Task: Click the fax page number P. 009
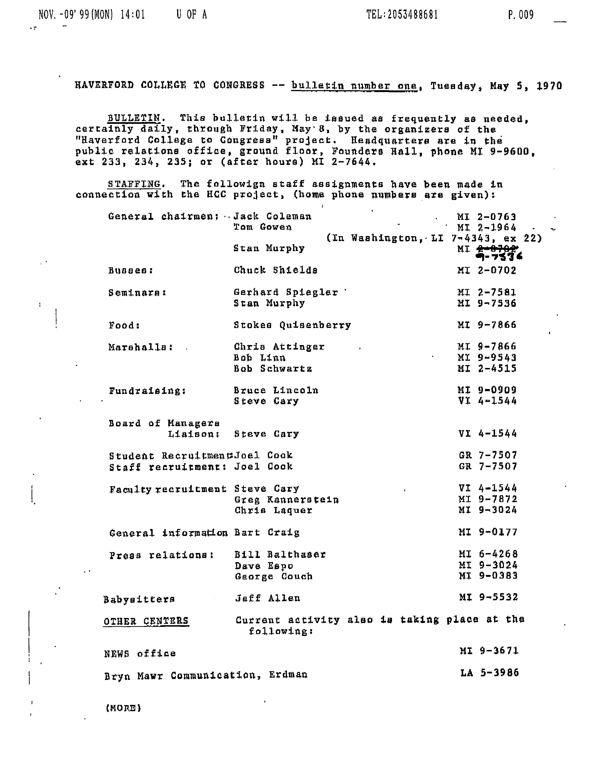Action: pyautogui.click(x=521, y=15)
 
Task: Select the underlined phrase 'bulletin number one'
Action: pyautogui.click(x=354, y=86)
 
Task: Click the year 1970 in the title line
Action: pyautogui.click(x=549, y=86)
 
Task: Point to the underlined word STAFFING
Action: pyautogui.click(x=134, y=184)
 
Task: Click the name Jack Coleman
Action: pyautogui.click(x=272, y=216)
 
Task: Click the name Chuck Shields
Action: pyautogui.click(x=275, y=270)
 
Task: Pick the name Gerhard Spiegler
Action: pyautogui.click(x=286, y=292)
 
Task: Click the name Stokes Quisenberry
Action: pyautogui.click(x=292, y=325)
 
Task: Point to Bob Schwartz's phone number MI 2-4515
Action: pyautogui.click(x=487, y=368)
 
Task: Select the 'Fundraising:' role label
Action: pyautogui.click(x=147, y=391)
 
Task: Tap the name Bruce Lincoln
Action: pyautogui.click(x=276, y=390)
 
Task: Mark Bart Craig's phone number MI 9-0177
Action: pyautogui.click(x=488, y=532)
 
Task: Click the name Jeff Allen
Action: pyautogui.click(x=268, y=598)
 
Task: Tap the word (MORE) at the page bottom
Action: pyautogui.click(x=123, y=708)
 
